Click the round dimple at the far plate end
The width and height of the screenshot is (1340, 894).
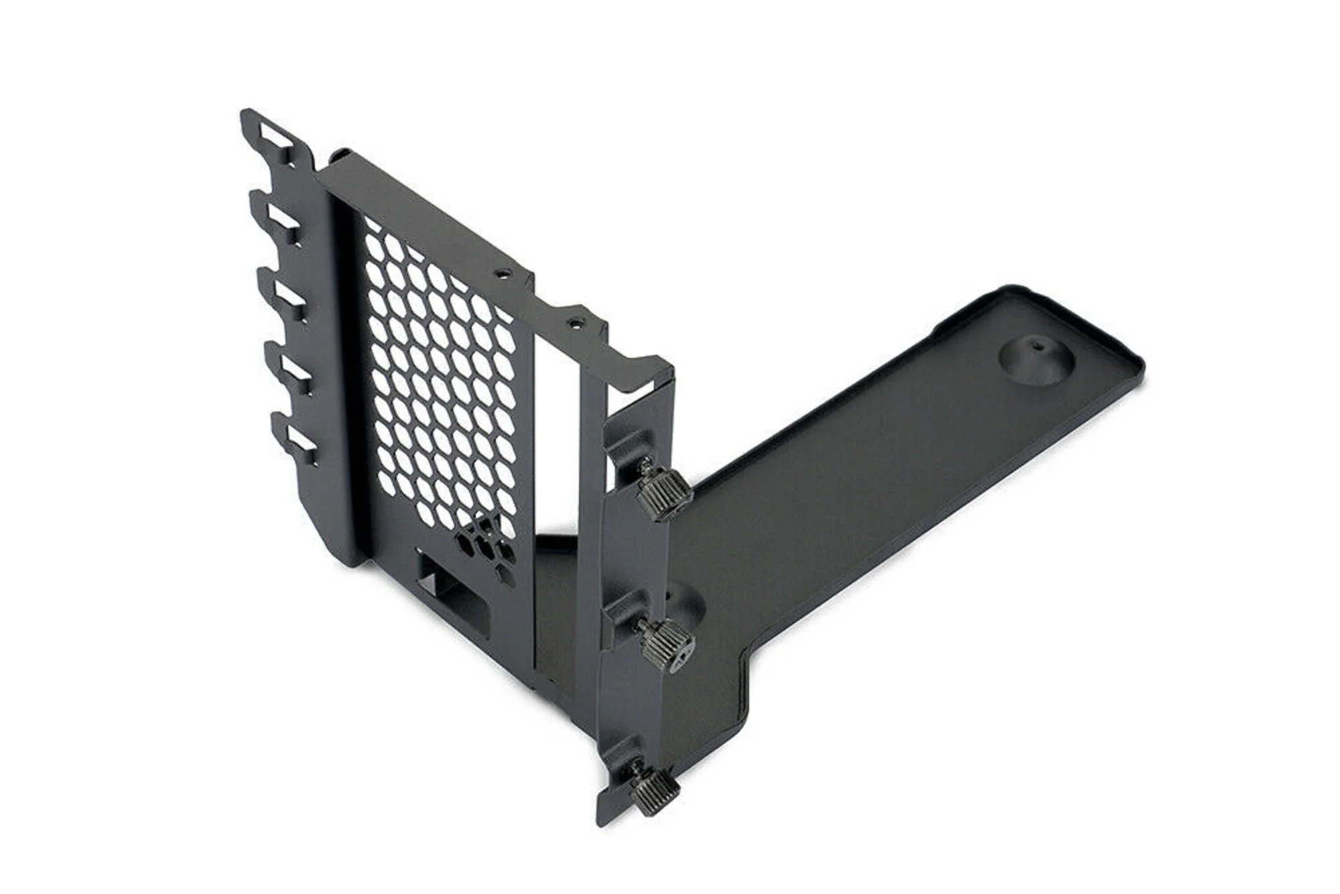coord(1036,363)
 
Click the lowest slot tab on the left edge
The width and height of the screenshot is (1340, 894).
coord(299,443)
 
